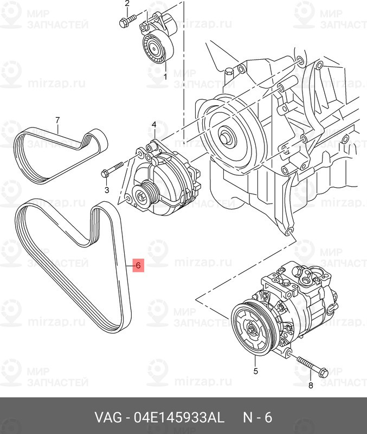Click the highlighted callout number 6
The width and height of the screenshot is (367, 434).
pyautogui.click(x=138, y=265)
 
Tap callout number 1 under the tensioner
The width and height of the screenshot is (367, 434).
pyautogui.click(x=165, y=76)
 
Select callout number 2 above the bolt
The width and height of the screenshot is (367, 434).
pyautogui.click(x=127, y=4)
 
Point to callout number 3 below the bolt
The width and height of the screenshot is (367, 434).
pyautogui.click(x=107, y=190)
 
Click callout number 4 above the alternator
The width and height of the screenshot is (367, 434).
pyautogui.click(x=154, y=125)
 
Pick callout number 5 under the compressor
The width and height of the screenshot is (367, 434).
pyautogui.click(x=255, y=371)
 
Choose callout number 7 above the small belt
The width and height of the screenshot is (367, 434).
pyautogui.click(x=57, y=120)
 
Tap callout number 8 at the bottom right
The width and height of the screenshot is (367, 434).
pyautogui.click(x=311, y=385)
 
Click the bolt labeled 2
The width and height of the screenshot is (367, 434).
pyautogui.click(x=127, y=21)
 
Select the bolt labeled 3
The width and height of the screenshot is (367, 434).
pyautogui.click(x=112, y=169)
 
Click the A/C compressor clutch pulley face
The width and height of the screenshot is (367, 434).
pyautogui.click(x=251, y=329)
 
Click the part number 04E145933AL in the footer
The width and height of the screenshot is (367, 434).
pyautogui.click(x=179, y=417)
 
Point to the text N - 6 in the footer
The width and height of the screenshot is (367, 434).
pyautogui.click(x=257, y=417)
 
